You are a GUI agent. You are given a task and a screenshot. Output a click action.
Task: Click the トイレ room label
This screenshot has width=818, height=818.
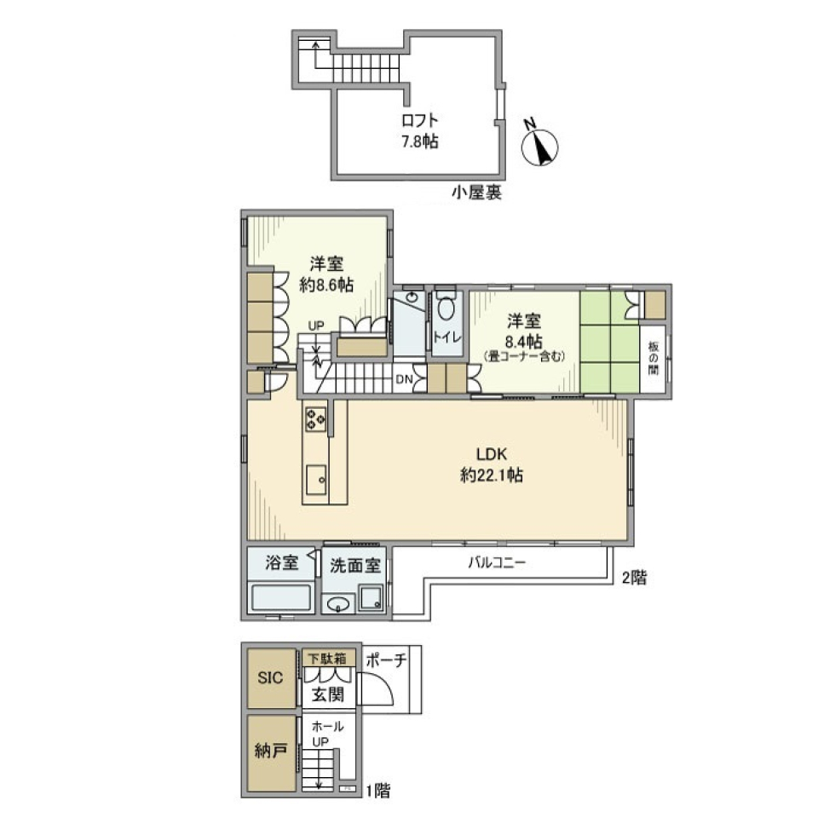447,337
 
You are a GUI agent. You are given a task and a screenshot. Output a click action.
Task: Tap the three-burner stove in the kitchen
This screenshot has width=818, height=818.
315,418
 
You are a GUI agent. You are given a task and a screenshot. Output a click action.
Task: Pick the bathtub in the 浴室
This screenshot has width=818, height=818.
279,596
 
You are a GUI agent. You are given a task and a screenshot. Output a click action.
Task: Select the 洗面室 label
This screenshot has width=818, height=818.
355,564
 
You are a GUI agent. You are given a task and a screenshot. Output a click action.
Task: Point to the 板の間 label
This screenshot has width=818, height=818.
654,357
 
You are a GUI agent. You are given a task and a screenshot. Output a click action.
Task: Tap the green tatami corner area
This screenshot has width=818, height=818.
609,341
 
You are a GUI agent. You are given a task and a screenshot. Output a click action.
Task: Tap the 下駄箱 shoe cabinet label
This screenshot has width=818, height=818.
326,658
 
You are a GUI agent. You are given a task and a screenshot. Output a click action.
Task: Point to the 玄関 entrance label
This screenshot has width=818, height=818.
327,694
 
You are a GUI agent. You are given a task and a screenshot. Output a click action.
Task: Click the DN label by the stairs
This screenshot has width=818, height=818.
403,381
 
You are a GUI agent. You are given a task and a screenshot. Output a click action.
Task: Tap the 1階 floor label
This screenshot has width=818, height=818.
377,791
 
